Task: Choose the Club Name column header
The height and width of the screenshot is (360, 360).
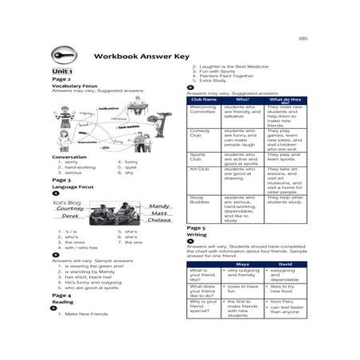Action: (204, 100)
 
